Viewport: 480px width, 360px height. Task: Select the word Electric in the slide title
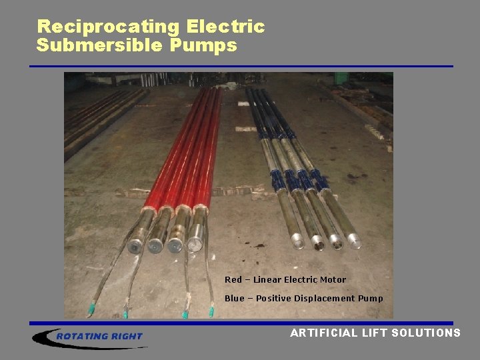click(226, 27)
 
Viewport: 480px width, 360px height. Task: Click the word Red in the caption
click(233, 280)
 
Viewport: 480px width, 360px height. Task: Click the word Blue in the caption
click(235, 299)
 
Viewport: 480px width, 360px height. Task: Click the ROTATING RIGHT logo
click(90, 337)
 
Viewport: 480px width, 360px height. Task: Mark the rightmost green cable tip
click(211, 311)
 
